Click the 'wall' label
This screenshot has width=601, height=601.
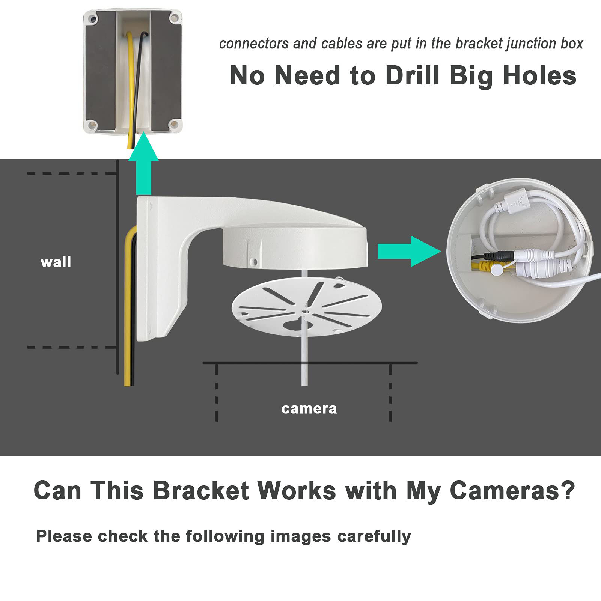(56, 262)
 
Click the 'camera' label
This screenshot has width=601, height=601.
(309, 408)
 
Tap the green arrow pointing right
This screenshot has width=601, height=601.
(407, 251)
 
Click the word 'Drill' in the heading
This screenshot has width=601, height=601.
(412, 76)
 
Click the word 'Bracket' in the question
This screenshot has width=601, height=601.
(201, 490)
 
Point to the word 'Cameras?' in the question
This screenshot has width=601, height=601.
(512, 490)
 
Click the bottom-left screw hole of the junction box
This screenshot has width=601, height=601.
(91, 125)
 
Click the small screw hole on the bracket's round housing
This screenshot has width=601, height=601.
(254, 260)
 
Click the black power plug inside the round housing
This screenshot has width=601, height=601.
(499, 256)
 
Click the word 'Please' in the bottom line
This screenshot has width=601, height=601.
(64, 536)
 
